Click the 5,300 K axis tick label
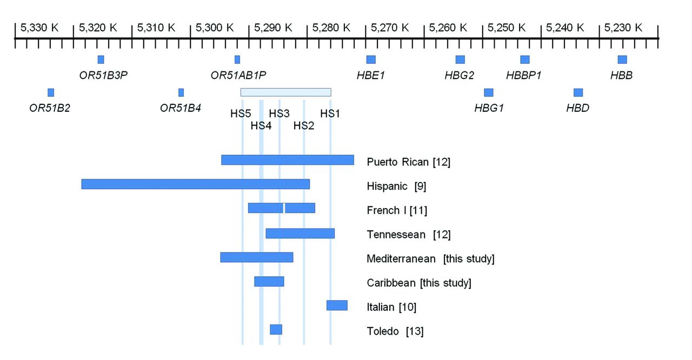(214, 27)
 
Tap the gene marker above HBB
(622, 59)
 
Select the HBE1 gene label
(370, 76)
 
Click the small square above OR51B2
(51, 92)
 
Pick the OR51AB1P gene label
(238, 76)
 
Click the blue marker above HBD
(578, 92)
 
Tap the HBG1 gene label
(489, 108)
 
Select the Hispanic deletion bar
(195, 184)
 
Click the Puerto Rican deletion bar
(287, 160)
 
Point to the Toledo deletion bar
(276, 330)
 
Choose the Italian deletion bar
(337, 305)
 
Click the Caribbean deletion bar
(269, 282)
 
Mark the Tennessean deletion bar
(300, 234)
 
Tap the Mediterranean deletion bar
(256, 257)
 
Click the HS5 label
(241, 114)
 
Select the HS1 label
(330, 114)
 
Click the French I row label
(397, 210)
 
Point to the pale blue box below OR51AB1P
(285, 92)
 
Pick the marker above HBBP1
(524, 59)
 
